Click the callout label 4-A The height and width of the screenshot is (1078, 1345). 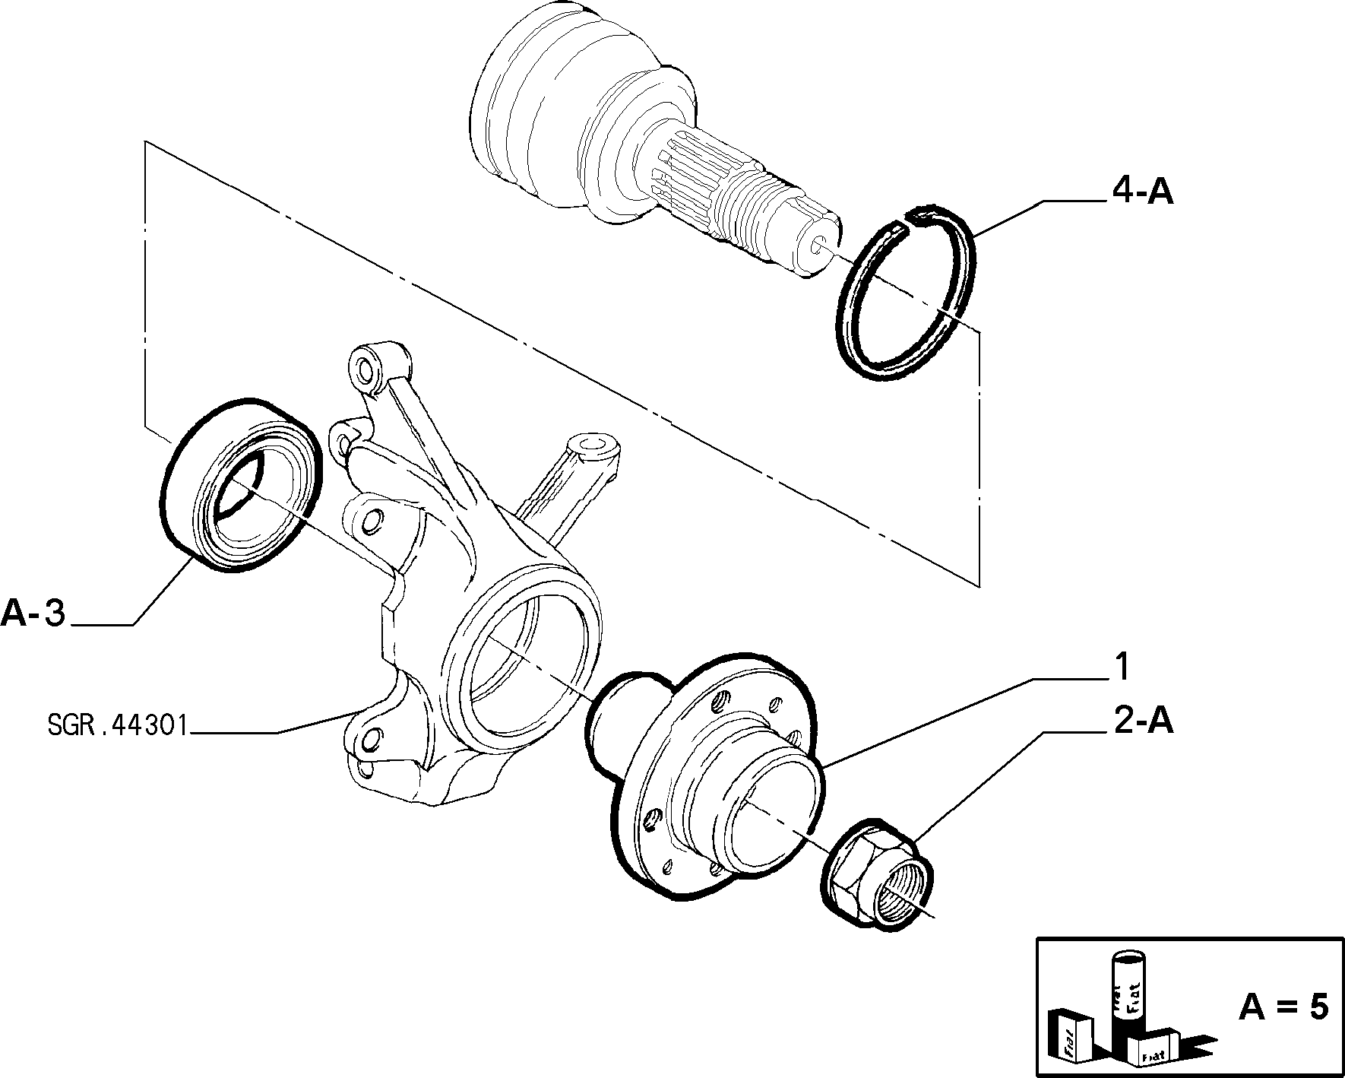point(1143,193)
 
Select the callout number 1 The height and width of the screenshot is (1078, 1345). point(1121,667)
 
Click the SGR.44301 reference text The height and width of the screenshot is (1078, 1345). point(117,727)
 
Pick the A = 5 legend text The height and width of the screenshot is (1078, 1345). point(1283,1007)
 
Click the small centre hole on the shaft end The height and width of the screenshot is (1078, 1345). point(818,245)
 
